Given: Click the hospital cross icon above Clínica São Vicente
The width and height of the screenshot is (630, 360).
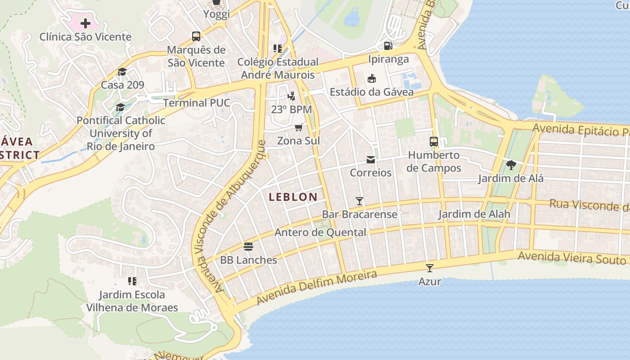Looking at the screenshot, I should click(85, 23).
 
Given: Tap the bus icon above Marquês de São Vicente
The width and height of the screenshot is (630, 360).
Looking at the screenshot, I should click(196, 36).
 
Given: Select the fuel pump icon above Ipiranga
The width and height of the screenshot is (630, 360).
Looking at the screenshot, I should click(388, 45).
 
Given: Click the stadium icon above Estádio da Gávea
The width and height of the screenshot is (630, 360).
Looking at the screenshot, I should click(372, 79).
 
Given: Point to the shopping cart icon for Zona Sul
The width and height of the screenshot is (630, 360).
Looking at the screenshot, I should click(298, 128).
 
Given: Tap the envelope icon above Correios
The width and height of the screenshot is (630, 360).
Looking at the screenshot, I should click(371, 160).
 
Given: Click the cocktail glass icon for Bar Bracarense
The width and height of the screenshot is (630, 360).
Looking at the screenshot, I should click(360, 201).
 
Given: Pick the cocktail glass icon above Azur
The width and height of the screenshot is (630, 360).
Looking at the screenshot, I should click(430, 268).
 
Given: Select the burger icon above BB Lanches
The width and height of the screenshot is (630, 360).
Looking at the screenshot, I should click(248, 246).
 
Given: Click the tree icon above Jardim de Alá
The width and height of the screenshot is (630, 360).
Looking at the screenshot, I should click(511, 165).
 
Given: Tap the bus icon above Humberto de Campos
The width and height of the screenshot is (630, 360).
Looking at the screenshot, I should click(434, 142).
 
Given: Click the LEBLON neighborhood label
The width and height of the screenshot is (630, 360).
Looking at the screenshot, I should click(293, 197).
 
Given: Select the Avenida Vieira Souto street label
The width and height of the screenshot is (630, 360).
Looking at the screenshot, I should click(571, 258).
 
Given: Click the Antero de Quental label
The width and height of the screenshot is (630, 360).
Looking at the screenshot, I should click(320, 232).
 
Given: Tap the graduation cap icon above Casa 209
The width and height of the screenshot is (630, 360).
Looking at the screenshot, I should click(122, 72).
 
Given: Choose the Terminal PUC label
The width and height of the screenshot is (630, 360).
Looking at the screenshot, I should click(196, 103).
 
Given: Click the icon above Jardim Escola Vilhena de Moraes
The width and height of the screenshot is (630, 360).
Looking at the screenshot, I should click(132, 281).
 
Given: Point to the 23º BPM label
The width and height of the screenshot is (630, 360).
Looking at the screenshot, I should click(291, 109).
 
